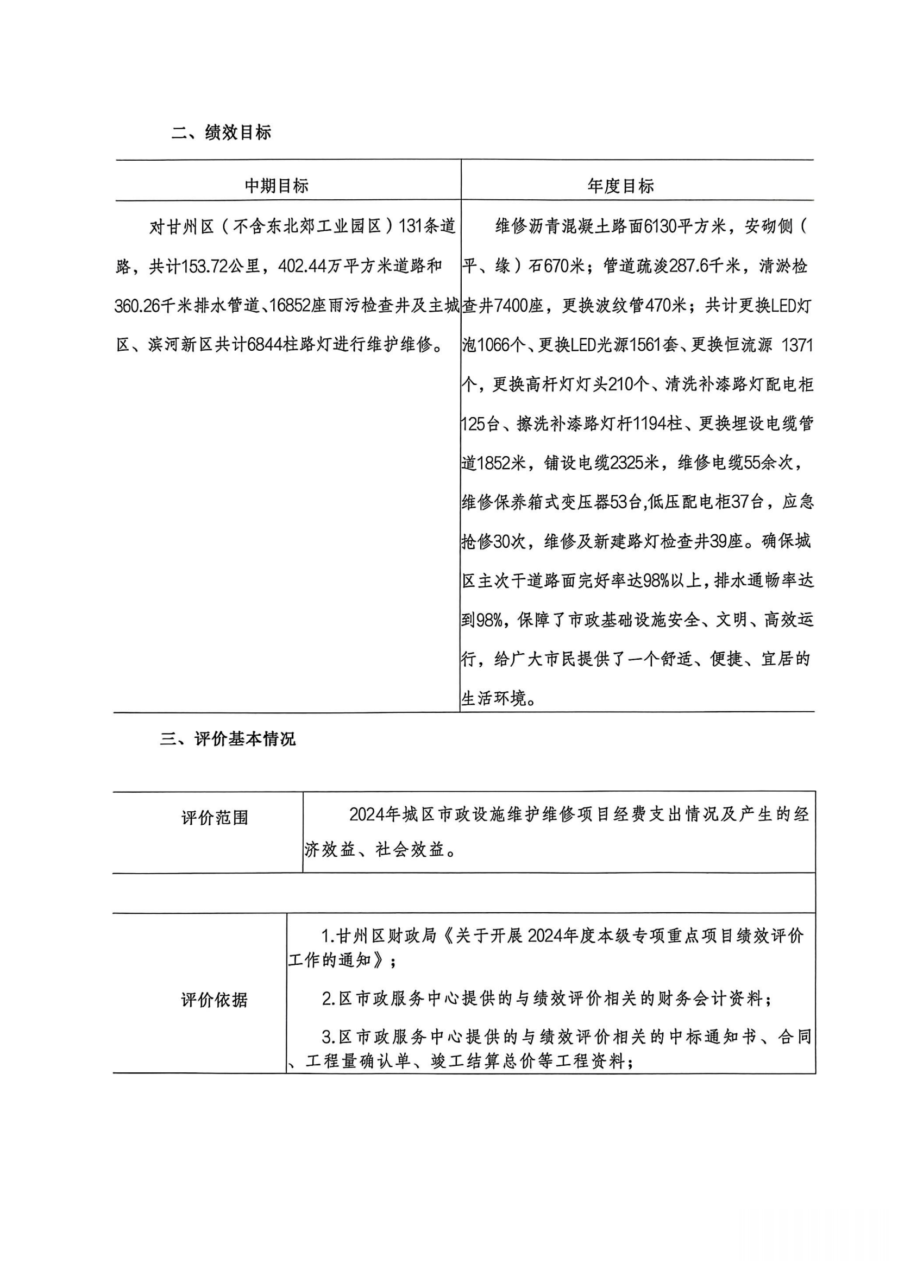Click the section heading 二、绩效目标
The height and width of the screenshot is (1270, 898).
click(221, 132)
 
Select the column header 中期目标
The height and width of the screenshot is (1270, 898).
click(277, 186)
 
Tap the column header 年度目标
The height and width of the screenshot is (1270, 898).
click(621, 186)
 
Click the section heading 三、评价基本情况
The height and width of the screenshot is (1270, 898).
click(228, 739)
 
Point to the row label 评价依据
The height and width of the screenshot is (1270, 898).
click(215, 1000)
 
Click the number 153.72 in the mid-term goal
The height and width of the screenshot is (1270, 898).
click(205, 267)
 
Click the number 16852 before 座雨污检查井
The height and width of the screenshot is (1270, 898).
click(290, 306)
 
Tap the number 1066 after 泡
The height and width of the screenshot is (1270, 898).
click(495, 345)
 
